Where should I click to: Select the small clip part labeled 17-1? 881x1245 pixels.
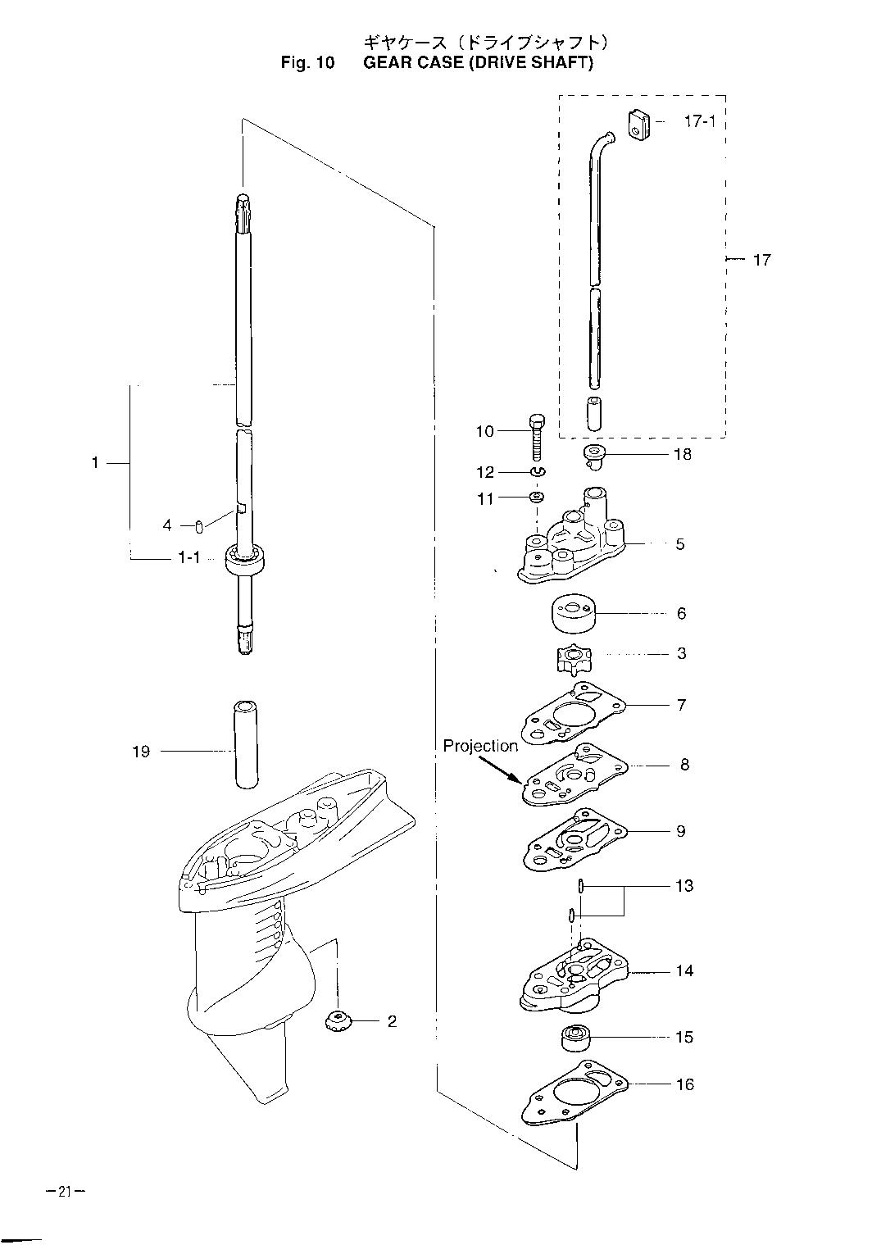(x=639, y=125)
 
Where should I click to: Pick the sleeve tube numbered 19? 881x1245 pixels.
(x=243, y=743)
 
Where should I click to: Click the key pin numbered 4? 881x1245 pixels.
(x=199, y=525)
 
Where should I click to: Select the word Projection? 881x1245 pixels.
(x=480, y=746)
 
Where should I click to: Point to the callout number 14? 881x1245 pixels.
(x=684, y=970)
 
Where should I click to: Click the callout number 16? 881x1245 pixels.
(x=684, y=1084)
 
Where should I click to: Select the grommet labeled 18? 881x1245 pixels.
(x=593, y=454)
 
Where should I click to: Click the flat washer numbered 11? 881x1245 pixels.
(x=538, y=498)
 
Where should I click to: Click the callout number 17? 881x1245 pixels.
(x=761, y=260)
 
